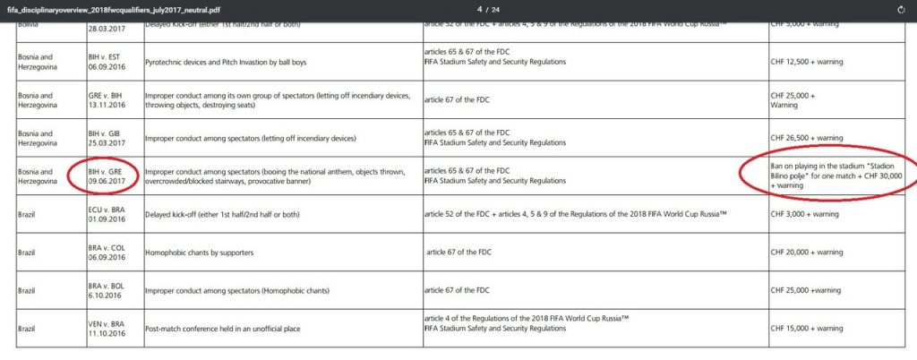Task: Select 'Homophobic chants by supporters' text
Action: [199, 253]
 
